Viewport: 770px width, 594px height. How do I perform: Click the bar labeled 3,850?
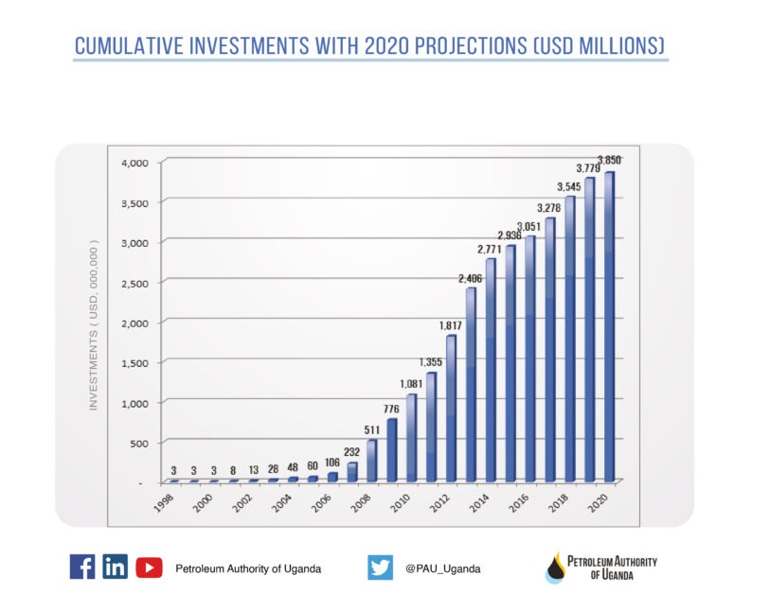point(609,326)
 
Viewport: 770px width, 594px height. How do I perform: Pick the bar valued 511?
point(371,461)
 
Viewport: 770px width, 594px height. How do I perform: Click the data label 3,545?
point(568,185)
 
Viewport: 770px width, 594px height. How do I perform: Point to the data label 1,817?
point(450,325)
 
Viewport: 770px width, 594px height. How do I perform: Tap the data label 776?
point(391,409)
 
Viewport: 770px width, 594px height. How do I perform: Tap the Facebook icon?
point(82,567)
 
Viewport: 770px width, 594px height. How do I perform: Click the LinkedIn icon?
point(115,567)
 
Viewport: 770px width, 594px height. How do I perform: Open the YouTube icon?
point(149,567)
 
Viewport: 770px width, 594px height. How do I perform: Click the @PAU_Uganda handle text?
point(442,568)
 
